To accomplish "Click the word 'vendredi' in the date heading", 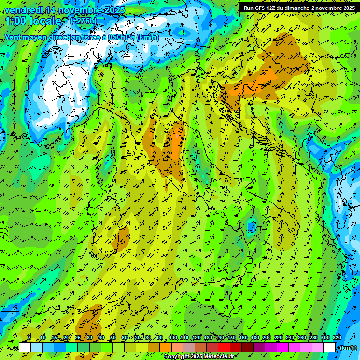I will pyautogui.click(x=22, y=10).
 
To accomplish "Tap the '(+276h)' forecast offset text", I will pyautogui.click(x=83, y=21).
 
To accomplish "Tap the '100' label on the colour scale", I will pyautogui.click(x=173, y=338).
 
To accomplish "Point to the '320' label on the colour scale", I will pyautogui.click(x=337, y=338).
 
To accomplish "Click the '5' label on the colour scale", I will pyautogui.click(x=30, y=338).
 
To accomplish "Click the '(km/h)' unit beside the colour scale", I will pyautogui.click(x=347, y=348).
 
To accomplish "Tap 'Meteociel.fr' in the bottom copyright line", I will pyautogui.click(x=222, y=357).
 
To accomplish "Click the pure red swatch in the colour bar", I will pyautogui.click(x=224, y=347).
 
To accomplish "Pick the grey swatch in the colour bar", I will pyautogui.click(x=189, y=347).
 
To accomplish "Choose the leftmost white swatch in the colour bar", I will pyautogui.click(x=25, y=347).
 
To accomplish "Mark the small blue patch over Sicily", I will pyautogui.click(x=253, y=227).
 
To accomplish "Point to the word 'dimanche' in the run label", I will pyautogui.click(x=298, y=8).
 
